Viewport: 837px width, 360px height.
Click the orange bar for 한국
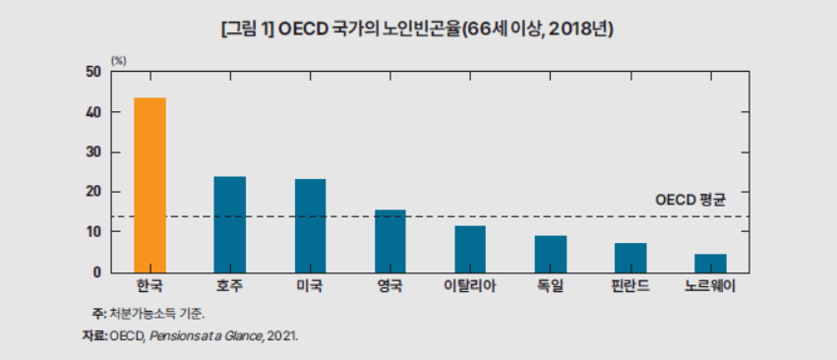(149, 185)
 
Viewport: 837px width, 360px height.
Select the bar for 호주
(230, 224)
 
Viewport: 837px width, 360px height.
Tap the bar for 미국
(310, 225)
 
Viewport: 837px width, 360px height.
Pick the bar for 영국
(389, 241)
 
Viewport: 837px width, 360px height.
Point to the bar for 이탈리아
(470, 249)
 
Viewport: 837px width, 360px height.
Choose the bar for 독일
(550, 254)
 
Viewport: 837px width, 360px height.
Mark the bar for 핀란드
(630, 258)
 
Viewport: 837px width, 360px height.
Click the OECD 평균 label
(689, 200)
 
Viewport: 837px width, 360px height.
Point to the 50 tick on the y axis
(93, 73)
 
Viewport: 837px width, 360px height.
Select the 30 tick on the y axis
(93, 152)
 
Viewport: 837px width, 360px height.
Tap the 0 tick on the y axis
(97, 272)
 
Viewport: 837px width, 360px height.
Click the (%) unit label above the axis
(118, 60)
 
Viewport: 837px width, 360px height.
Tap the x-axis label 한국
(149, 287)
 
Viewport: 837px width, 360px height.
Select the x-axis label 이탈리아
(470, 287)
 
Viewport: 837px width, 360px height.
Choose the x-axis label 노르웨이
(710, 287)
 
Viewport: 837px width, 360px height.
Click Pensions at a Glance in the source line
(203, 335)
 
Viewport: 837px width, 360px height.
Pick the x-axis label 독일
(550, 287)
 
